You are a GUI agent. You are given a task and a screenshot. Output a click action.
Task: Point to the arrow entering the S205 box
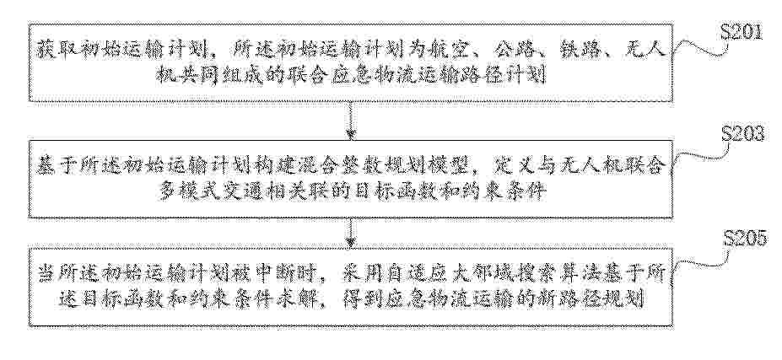pos(351,232)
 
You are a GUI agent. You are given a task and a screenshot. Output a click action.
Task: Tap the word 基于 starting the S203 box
pos(53,167)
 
